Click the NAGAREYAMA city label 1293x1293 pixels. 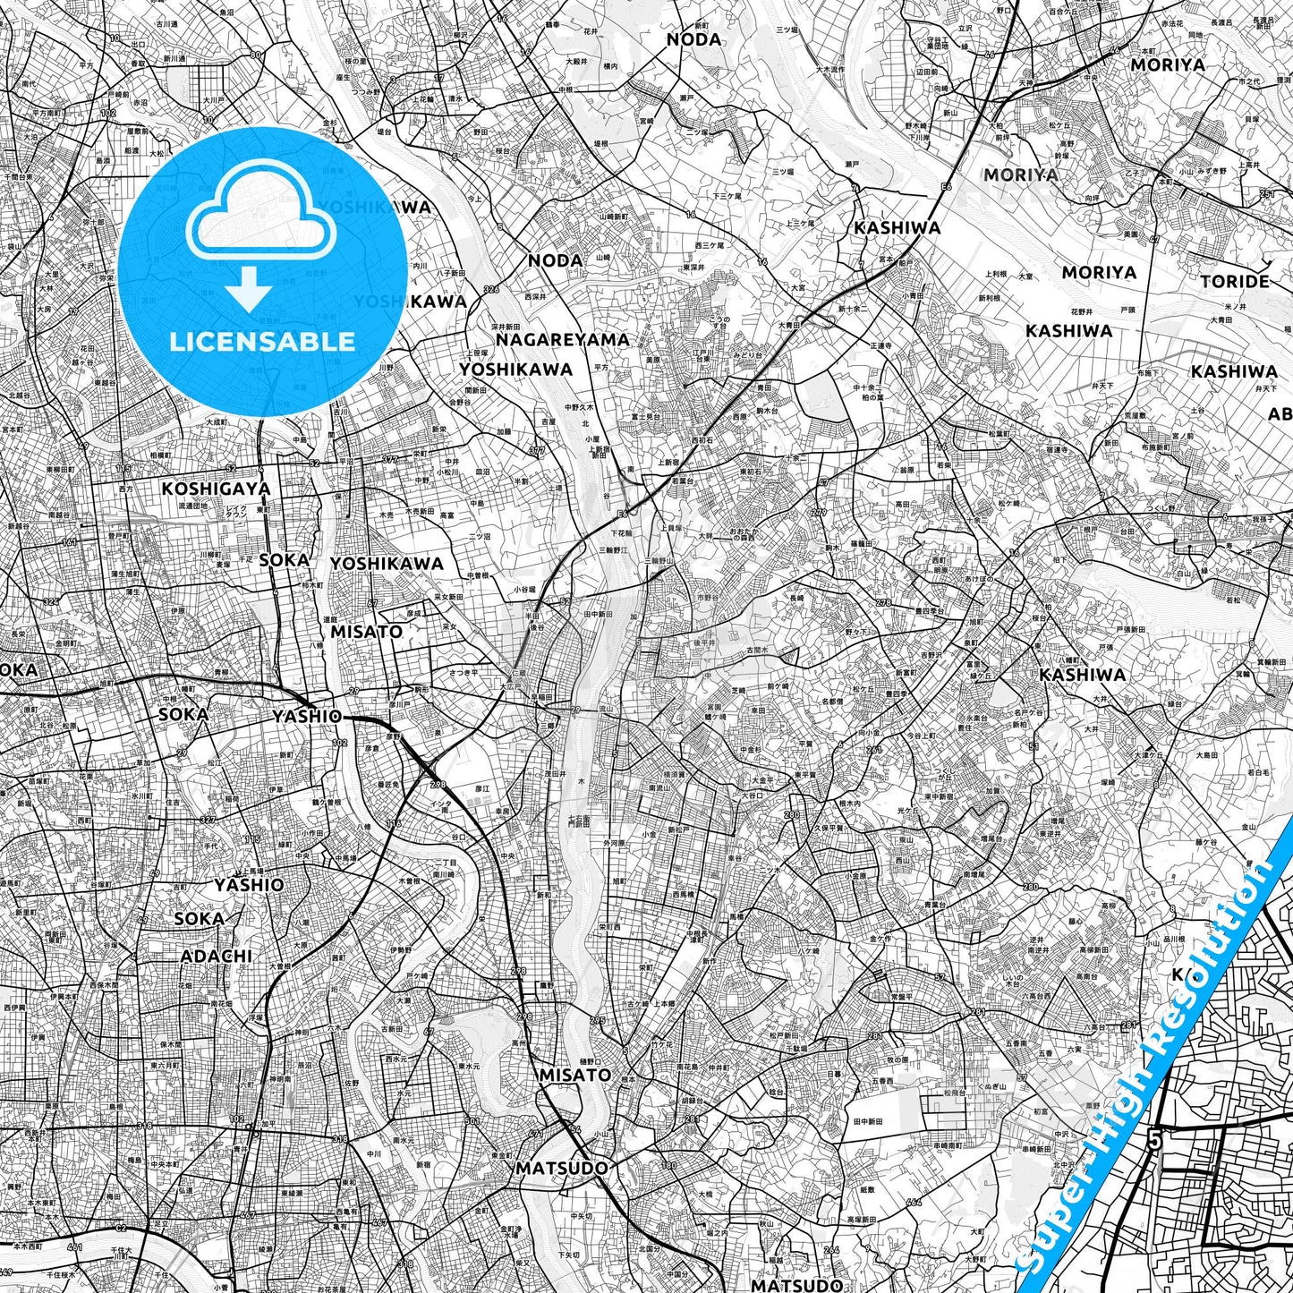pyautogui.click(x=563, y=340)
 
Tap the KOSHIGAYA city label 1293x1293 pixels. pyautogui.click(x=216, y=489)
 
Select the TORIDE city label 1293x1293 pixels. pyautogui.click(x=1235, y=281)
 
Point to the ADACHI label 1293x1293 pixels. pyautogui.click(x=217, y=956)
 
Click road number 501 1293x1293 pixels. pyautogui.click(x=472, y=1120)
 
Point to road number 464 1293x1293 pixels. pyautogui.click(x=914, y=1201)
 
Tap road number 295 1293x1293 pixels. pyautogui.click(x=597, y=1021)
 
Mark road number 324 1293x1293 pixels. pyautogui.click(x=51, y=601)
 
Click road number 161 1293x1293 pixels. pyautogui.click(x=70, y=542)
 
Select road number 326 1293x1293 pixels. pyautogui.click(x=490, y=289)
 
